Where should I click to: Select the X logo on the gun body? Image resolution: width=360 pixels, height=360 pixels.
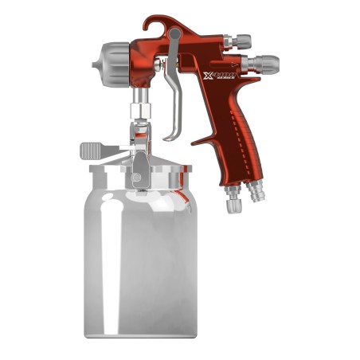click(209, 75)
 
